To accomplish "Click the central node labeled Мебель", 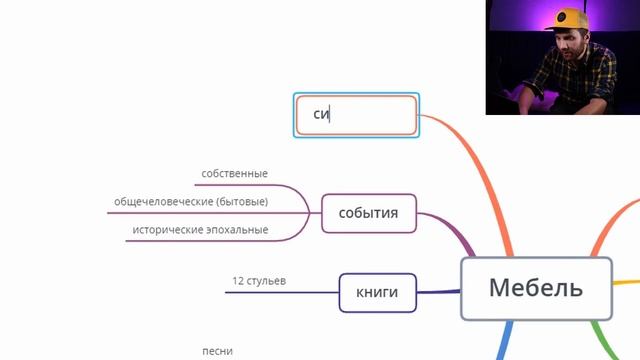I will [536, 288].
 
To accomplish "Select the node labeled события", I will [369, 213].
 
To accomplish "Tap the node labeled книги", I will [377, 292].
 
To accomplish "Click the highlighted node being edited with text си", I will [357, 115].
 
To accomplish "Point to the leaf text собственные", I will [234, 174].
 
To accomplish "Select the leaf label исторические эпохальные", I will [200, 230].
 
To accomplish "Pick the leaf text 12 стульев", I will [259, 281].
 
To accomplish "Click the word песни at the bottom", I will [217, 351].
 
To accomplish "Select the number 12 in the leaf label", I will [237, 281].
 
